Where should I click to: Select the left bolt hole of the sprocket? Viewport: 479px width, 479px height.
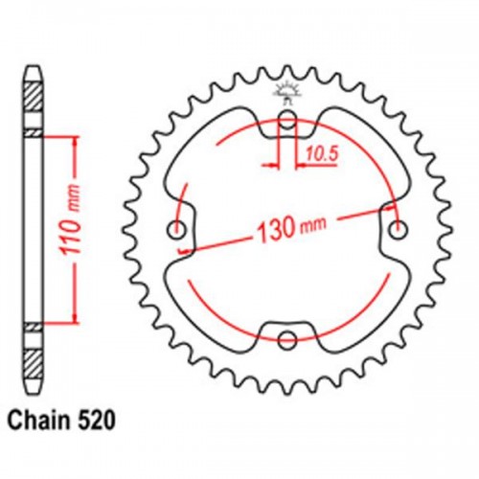tap(177, 230)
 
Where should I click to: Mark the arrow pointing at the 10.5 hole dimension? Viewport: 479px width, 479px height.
tap(300, 164)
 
